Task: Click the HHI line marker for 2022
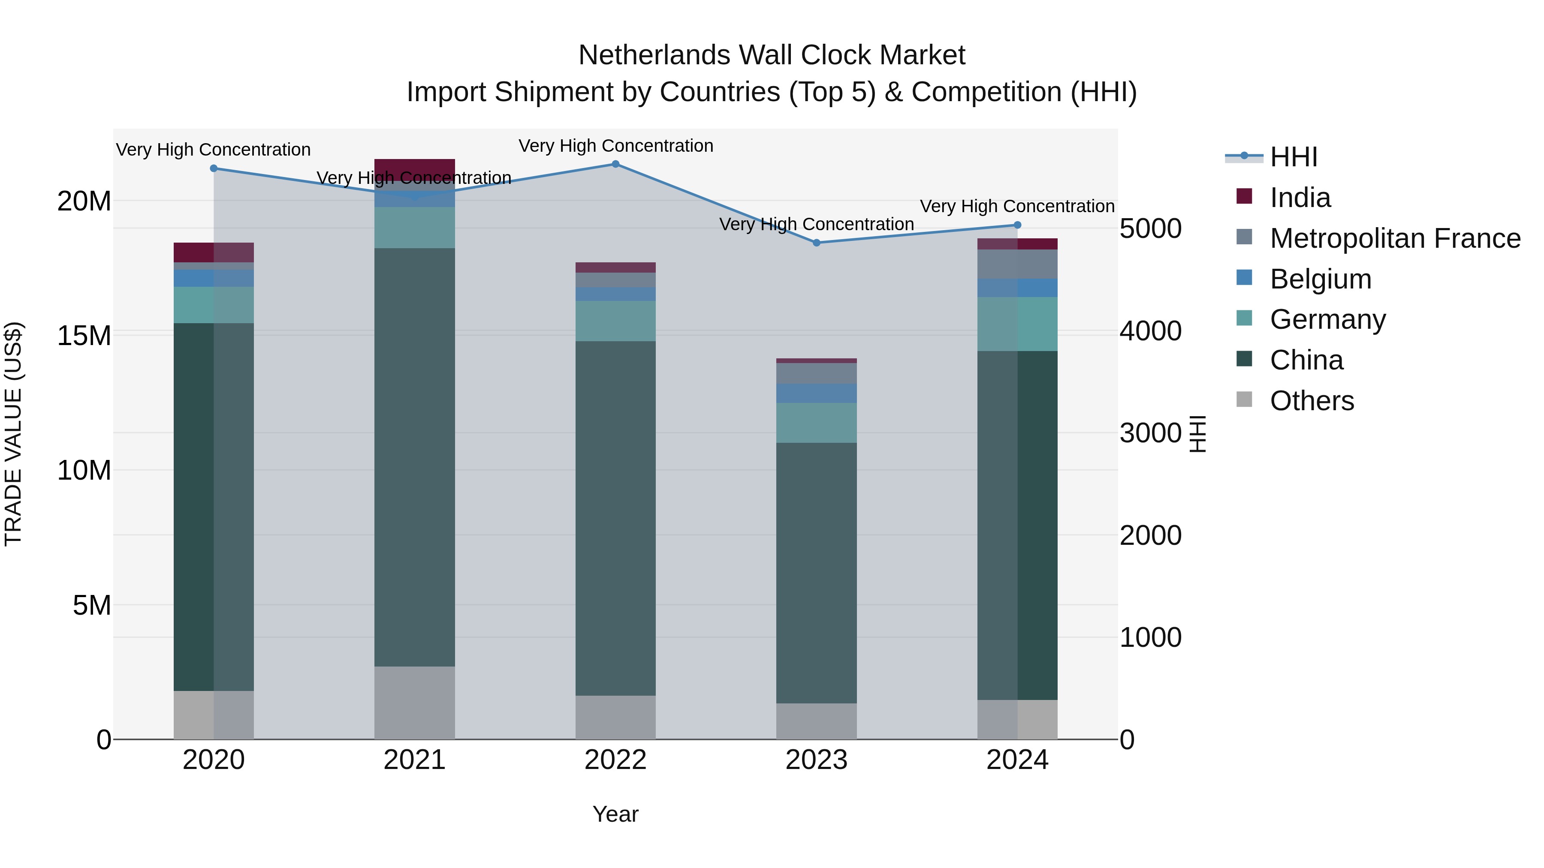coord(615,164)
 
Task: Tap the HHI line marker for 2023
coord(816,243)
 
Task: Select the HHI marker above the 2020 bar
coord(214,169)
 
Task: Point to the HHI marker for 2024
coord(1017,225)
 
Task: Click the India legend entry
coord(1300,198)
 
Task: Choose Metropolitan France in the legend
coord(1395,238)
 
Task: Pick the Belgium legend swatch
coord(1244,278)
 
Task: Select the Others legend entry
coord(1312,401)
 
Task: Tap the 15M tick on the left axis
coord(84,336)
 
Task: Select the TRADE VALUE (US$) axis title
coord(13,434)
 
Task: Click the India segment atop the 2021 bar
coord(415,168)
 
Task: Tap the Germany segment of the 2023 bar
coord(816,423)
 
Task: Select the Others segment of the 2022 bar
coord(615,717)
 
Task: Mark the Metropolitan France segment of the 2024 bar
coord(1017,264)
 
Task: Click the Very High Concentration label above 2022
coord(615,146)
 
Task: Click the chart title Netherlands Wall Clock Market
coord(772,56)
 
